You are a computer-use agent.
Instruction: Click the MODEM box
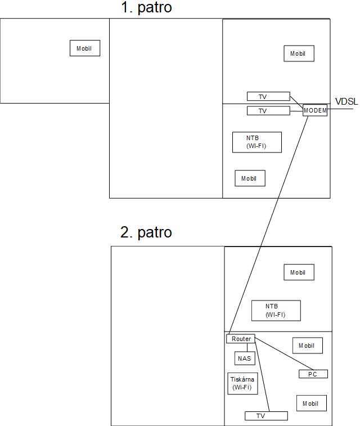coord(314,110)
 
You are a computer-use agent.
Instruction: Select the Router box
coord(241,339)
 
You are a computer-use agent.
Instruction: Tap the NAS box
coord(244,358)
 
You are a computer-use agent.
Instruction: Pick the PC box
coord(313,374)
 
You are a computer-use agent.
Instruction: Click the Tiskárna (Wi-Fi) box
coord(242,384)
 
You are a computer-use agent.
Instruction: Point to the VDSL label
coord(346,102)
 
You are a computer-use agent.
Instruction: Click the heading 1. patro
coord(146,8)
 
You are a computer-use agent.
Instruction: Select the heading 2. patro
coord(146,232)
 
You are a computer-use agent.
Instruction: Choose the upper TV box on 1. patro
coord(268,97)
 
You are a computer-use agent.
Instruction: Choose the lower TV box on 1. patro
coord(268,111)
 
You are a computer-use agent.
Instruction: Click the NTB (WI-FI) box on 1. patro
coord(256,142)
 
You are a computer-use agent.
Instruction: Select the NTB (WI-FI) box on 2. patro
coord(276,310)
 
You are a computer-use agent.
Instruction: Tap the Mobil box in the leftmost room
coord(84,48)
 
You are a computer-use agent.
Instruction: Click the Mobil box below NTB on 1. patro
coord(250,178)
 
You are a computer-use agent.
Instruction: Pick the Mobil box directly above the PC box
coord(308,346)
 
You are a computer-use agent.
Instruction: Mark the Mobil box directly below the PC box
coord(311,403)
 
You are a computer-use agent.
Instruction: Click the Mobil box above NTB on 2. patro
coord(299,272)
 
